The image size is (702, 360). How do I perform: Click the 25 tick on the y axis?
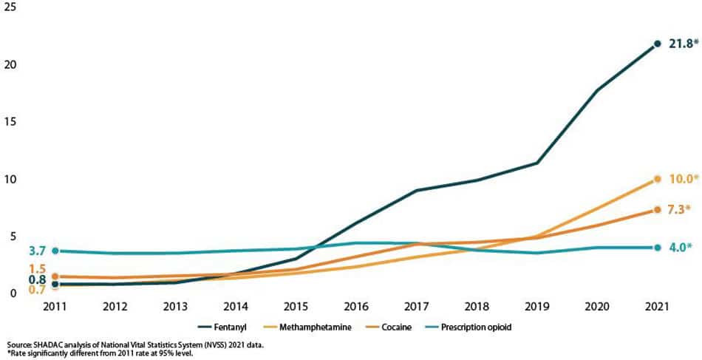[x=10, y=9]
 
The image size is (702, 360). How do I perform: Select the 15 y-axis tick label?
[x=10, y=123]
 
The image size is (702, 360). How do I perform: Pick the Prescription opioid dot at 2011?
[x=55, y=251]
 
